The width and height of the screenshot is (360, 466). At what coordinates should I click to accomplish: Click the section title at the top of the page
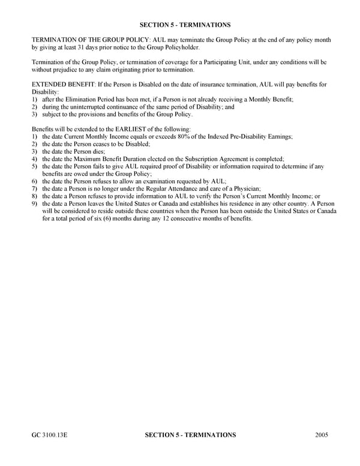[x=185, y=25]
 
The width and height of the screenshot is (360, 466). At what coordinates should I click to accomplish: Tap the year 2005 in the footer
[x=321, y=435]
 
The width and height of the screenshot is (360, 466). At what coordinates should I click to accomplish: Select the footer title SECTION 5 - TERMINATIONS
[x=191, y=435]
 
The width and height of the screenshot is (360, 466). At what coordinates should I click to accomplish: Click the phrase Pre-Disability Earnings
[x=259, y=137]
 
